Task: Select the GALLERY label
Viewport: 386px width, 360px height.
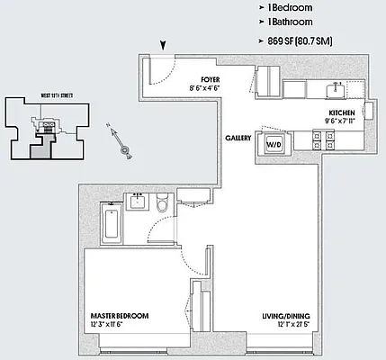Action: (x=238, y=139)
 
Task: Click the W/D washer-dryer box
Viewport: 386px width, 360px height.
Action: (x=274, y=144)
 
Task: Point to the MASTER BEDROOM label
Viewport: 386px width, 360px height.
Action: (x=120, y=316)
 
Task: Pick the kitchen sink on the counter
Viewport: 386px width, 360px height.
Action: (x=334, y=89)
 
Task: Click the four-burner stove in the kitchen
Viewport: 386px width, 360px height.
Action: (x=323, y=139)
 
